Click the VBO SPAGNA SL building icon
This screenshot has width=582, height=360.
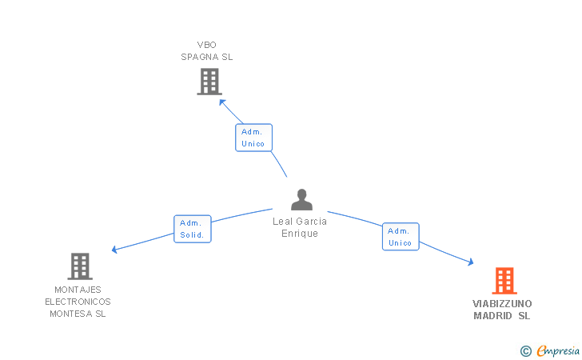pos(209,82)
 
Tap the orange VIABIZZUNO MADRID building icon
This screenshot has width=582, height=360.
pos(504,281)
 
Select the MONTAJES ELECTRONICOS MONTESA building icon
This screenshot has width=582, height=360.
pos(79,266)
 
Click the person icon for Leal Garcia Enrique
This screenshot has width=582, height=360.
pos(301,200)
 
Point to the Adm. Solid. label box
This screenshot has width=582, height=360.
pos(193,229)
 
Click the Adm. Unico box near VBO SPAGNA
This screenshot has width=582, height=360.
pos(253,138)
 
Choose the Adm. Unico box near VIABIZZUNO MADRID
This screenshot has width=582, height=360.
pos(400,237)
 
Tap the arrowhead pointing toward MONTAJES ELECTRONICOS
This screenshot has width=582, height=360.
pos(115,250)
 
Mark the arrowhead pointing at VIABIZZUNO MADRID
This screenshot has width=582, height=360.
pos(470,262)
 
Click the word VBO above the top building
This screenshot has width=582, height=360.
pos(206,45)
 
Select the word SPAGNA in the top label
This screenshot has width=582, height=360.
pos(196,57)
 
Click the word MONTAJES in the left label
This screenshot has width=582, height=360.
pos(78,290)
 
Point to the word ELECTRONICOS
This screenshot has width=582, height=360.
pos(78,302)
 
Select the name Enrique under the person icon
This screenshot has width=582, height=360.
pos(300,234)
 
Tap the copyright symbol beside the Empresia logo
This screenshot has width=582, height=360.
pos(526,350)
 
